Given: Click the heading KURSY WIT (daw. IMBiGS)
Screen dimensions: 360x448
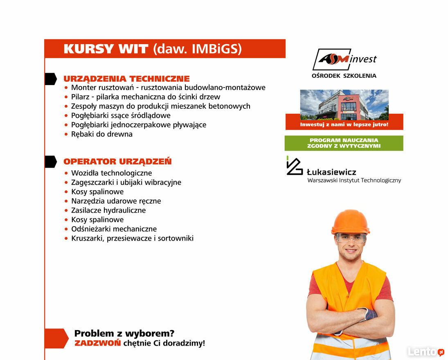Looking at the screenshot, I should tap(153, 49).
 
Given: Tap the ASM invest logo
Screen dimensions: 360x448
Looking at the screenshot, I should tap(344, 60).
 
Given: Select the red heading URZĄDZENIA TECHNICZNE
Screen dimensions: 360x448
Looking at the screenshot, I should tap(126, 79).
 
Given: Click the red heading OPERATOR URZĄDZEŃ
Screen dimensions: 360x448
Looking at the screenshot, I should tap(117, 162).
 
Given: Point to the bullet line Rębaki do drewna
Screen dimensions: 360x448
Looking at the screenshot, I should tap(101, 134).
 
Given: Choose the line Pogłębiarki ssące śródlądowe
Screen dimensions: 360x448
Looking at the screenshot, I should tap(121, 115).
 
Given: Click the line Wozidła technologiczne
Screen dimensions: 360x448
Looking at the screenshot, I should tap(111, 173).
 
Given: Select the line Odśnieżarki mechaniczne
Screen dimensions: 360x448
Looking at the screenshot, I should tap(114, 229).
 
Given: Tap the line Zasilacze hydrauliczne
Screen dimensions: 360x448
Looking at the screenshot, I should tap(108, 210).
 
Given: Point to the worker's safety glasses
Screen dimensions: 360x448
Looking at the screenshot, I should tap(351, 238).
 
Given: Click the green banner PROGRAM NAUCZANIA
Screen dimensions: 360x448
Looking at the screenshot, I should tap(344, 143).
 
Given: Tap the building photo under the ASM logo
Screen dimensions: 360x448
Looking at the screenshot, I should tap(344, 104).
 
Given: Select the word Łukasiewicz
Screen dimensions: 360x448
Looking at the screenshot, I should tap(331, 172).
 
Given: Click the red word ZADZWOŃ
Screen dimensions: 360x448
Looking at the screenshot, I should tap(97, 343).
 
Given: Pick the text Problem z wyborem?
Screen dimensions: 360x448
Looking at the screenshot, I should tap(124, 333).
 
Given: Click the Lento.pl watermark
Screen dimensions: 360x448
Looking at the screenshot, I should tap(425, 351).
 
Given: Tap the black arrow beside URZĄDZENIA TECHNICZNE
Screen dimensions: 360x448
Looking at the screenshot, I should tap(50, 79).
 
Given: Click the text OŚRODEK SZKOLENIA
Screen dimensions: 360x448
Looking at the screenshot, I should tap(344, 76).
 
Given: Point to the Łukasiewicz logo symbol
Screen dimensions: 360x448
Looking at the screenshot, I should tap(294, 166).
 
